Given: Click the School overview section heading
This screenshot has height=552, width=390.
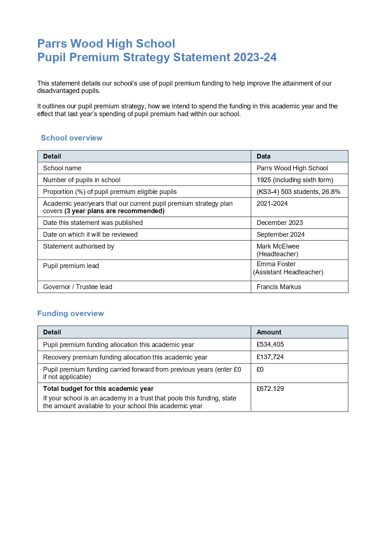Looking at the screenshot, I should [71, 138].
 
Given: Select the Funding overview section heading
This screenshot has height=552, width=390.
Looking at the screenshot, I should [70, 313].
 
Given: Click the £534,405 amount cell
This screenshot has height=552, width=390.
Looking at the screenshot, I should [270, 344].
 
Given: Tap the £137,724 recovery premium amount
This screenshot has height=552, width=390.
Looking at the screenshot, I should [270, 357].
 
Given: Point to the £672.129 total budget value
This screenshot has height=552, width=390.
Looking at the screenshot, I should [270, 389].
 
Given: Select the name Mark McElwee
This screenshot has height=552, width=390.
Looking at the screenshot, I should [278, 246].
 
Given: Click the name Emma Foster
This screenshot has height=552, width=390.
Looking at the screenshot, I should [276, 264].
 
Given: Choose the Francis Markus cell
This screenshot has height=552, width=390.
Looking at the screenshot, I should [278, 287].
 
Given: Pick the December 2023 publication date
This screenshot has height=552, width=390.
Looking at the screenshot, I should [280, 223].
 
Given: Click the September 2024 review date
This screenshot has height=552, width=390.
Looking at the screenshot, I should [280, 235].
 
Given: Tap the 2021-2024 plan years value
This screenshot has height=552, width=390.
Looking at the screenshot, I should [272, 204].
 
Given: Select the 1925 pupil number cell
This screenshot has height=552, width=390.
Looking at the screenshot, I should [295, 180].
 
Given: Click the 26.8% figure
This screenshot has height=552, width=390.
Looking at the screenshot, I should [331, 192].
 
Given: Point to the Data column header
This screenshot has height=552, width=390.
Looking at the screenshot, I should [263, 156].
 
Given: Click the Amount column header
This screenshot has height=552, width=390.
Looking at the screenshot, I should [268, 332].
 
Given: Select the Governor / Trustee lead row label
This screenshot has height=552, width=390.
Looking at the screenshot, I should [77, 287].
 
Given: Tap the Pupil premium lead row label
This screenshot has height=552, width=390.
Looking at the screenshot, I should [71, 266].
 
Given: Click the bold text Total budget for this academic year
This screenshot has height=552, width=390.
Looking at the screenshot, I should [98, 389].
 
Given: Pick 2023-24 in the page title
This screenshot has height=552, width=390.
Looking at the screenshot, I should [254, 58].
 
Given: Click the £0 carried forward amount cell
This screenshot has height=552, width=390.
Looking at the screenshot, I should [260, 369].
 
